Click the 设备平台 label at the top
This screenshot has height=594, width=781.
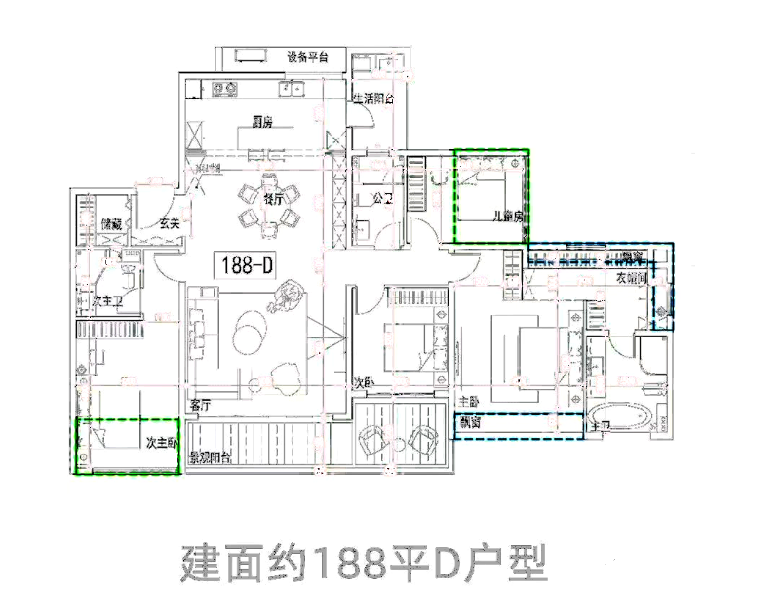(x=306, y=58)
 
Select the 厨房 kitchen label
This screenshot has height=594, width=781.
(x=260, y=122)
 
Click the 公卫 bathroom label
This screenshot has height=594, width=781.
(x=381, y=199)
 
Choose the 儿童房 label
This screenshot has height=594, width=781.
(x=508, y=217)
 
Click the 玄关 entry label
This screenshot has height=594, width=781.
(x=169, y=223)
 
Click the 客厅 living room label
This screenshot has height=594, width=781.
(x=201, y=403)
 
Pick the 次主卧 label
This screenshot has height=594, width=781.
(x=161, y=442)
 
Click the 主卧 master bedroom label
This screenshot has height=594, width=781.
(x=468, y=401)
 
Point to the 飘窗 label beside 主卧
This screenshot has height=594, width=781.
(x=470, y=424)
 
